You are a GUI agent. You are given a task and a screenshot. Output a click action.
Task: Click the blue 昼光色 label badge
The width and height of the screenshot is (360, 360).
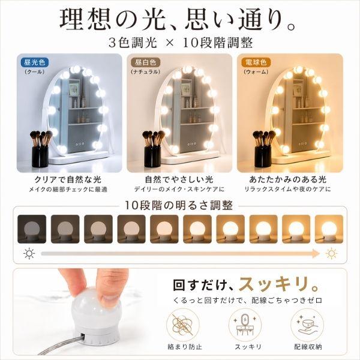pos(34,62)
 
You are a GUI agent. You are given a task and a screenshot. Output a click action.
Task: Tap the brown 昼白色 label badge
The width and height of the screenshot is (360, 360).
pos(145,62)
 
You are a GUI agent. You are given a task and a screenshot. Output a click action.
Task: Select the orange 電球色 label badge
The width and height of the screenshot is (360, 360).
pos(256,62)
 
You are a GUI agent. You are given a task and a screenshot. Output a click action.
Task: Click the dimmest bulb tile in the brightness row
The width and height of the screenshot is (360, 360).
pos(32,229)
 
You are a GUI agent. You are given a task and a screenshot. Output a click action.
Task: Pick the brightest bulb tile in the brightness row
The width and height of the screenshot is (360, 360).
pos(329,229)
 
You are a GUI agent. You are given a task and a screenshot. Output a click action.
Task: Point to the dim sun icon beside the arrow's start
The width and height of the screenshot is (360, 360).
pos(29,254)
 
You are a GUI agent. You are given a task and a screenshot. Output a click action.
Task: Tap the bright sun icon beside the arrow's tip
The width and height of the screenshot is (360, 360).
pos(332,254)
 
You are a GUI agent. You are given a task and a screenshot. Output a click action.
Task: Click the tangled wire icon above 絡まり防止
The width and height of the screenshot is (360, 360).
pos(183,325)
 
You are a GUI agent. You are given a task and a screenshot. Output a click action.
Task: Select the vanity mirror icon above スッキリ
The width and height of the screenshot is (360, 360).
pos(245,325)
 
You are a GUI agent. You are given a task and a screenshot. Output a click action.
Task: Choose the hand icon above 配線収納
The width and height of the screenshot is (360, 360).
pos(307,325)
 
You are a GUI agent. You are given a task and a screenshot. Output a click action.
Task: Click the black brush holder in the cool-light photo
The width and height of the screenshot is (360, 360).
pos(40,156)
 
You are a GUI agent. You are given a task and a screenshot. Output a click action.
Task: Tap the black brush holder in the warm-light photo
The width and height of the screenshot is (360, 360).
pos(263,156)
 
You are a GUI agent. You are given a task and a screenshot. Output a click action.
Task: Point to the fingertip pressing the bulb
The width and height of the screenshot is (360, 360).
pos(110,298)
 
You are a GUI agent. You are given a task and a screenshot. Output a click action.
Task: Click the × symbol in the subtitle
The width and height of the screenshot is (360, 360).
pos(169,43)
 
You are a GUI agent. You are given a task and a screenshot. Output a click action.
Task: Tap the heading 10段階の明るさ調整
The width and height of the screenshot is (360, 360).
pos(179,205)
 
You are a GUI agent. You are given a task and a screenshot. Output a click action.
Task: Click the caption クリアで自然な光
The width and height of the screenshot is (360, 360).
pos(68,179)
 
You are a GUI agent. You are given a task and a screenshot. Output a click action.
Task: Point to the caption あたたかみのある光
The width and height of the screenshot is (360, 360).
pos(287,179)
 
